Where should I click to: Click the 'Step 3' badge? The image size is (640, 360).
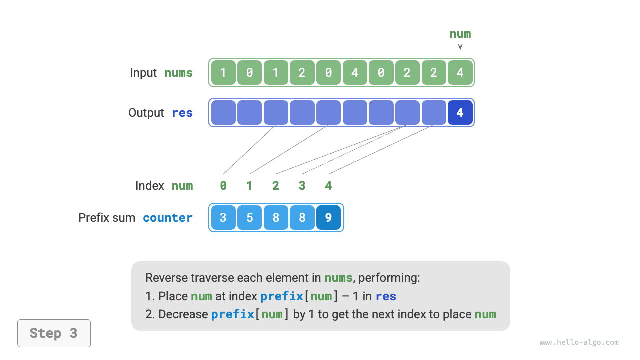tap(54, 333)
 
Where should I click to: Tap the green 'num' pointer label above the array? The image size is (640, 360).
tap(460, 34)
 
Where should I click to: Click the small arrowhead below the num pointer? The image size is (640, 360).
tap(460, 47)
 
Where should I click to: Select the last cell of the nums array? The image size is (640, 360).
tap(460, 73)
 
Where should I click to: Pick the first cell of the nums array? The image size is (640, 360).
tap(223, 73)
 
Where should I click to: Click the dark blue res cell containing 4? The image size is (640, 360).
tap(460, 113)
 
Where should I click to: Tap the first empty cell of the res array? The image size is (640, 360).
tap(223, 113)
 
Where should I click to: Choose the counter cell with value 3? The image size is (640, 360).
tap(223, 218)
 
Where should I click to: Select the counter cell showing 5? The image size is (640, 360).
tap(249, 218)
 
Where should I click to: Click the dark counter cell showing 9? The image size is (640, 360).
tap(328, 218)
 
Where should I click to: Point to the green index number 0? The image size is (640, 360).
tap(223, 186)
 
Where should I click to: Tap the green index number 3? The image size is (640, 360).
tap(302, 186)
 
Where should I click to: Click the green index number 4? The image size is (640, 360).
tap(328, 186)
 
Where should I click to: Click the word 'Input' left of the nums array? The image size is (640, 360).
tap(143, 73)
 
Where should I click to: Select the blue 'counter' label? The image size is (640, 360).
tap(168, 218)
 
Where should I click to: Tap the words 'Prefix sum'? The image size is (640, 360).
tap(107, 218)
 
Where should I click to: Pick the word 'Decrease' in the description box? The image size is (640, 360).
tap(183, 314)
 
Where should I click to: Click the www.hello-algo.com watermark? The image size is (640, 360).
tap(579, 343)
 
